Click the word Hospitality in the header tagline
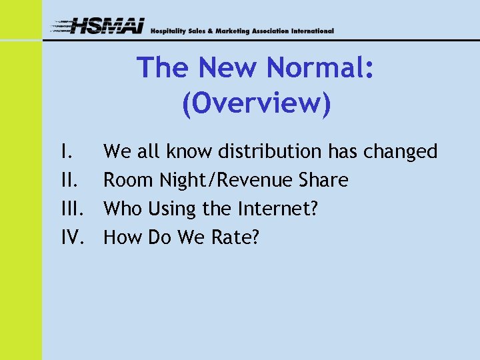tap(169, 31)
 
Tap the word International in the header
tap(313, 31)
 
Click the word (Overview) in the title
tap(255, 103)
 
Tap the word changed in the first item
tap(400, 153)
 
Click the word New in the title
tap(216, 69)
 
